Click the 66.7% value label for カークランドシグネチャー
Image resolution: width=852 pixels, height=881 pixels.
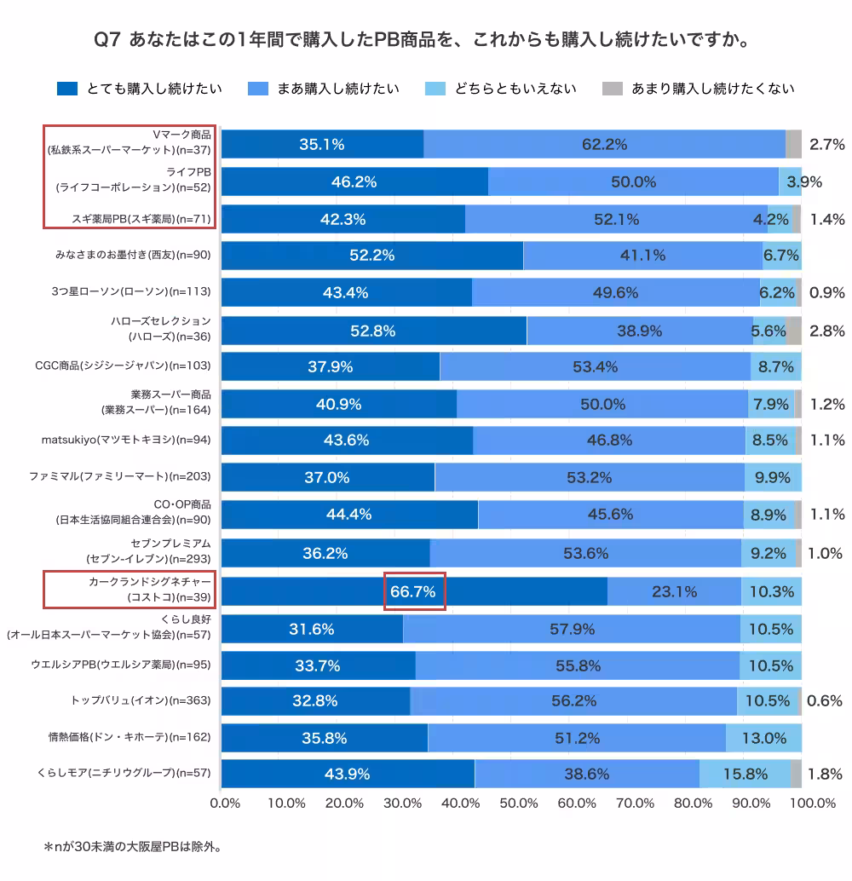[x=415, y=591]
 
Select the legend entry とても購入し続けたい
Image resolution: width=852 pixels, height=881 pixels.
[x=140, y=89]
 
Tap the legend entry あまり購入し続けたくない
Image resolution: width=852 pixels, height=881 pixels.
[x=698, y=89]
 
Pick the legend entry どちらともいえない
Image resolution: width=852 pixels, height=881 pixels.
[x=503, y=89]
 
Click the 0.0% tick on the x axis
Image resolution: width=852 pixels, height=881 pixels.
[x=224, y=803]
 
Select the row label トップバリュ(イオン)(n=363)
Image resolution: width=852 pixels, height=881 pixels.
[x=141, y=700]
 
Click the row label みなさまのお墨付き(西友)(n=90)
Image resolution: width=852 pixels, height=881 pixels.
[x=132, y=255]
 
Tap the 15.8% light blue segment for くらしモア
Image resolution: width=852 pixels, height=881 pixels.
[x=745, y=774]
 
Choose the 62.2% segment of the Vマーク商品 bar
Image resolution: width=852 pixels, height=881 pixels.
[x=604, y=144]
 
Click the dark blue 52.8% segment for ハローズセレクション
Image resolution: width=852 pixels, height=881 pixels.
[x=373, y=331]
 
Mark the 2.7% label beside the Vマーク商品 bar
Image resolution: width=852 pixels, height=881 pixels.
[x=826, y=144]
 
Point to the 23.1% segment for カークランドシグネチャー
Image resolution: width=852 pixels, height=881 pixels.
[x=674, y=591]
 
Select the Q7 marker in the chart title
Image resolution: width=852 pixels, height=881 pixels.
[x=108, y=40]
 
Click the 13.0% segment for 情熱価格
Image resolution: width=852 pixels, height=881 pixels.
[x=763, y=737]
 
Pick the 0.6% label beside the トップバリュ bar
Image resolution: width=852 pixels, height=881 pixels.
[x=825, y=700]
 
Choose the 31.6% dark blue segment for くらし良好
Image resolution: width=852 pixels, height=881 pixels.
[x=312, y=630]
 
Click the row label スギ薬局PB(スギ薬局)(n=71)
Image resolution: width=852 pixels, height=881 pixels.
[x=141, y=219]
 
